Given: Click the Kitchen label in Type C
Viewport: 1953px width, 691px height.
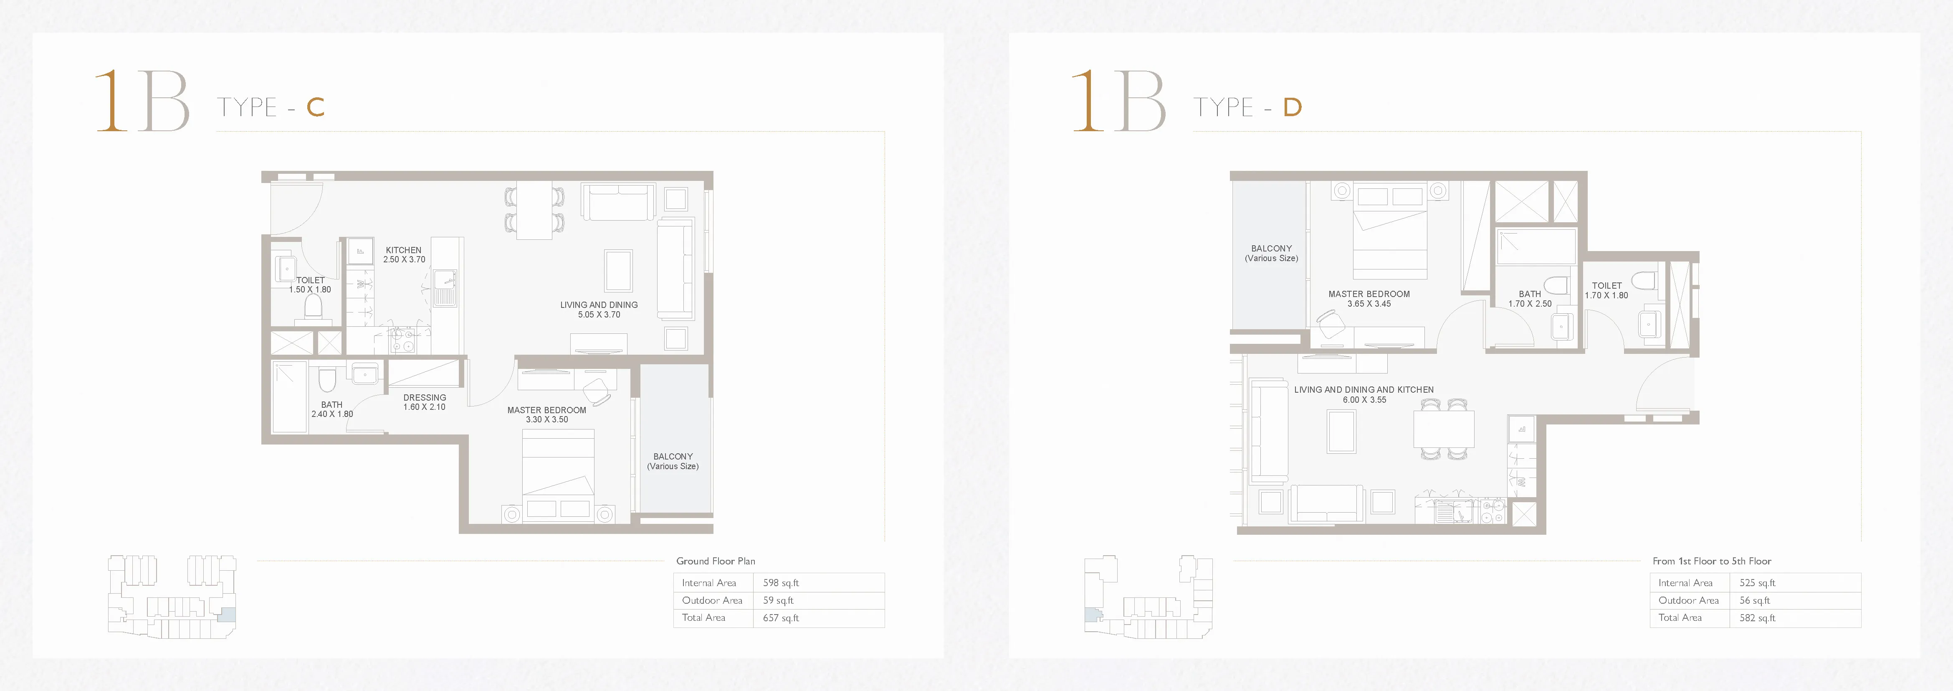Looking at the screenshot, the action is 403,249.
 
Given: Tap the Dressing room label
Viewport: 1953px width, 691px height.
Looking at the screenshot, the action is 425,397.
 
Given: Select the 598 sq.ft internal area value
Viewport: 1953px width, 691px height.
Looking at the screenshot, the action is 781,582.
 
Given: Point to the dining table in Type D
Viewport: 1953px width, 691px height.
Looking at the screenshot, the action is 1444,429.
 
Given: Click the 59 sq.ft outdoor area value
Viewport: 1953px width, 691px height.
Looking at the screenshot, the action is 778,600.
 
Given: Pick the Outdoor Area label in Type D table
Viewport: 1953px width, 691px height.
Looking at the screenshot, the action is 1688,600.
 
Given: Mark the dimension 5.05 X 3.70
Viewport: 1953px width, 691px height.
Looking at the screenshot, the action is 599,315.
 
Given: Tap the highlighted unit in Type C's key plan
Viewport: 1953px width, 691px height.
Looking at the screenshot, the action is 227,615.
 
